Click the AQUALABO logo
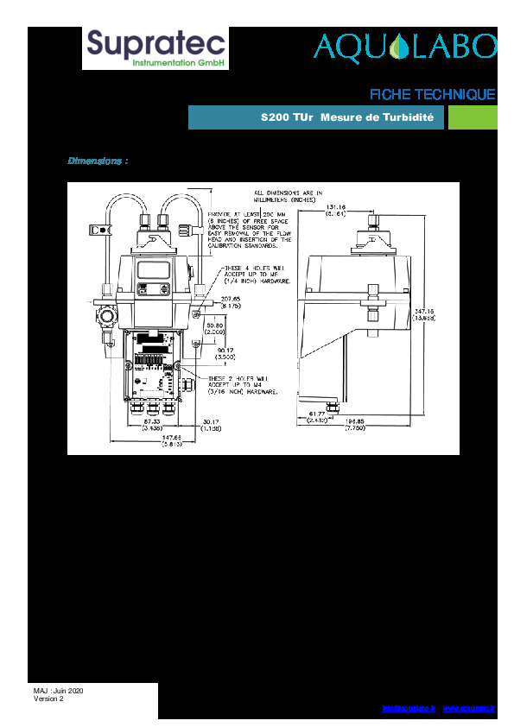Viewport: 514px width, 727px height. click(405, 47)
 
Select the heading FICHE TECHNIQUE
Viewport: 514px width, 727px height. click(432, 94)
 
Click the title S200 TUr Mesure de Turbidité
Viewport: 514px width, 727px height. click(346, 117)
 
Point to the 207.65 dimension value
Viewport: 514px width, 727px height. click(231, 299)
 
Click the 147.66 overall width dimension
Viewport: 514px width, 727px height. click(172, 439)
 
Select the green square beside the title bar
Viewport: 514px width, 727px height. click(472, 117)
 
